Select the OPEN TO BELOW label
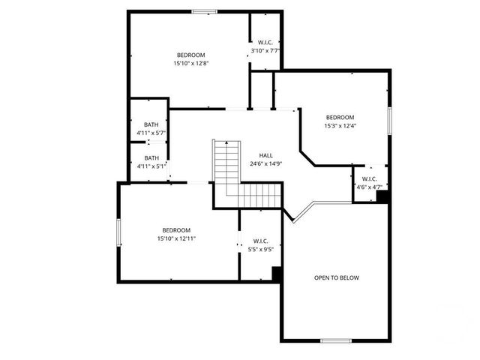pos(336,278)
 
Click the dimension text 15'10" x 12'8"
pos(190,63)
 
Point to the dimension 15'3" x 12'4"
pos(340,125)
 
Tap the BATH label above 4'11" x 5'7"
pos(151,124)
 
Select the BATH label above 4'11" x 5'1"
pos(151,157)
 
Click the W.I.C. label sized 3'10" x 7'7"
pos(265,43)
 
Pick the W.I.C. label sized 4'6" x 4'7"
pos(368,178)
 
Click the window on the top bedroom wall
pos(204,11)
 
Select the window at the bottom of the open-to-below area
pos(336,340)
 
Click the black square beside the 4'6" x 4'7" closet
pos(382,197)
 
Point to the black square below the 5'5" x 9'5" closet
pos(277,274)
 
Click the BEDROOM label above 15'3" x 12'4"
pos(340,117)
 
